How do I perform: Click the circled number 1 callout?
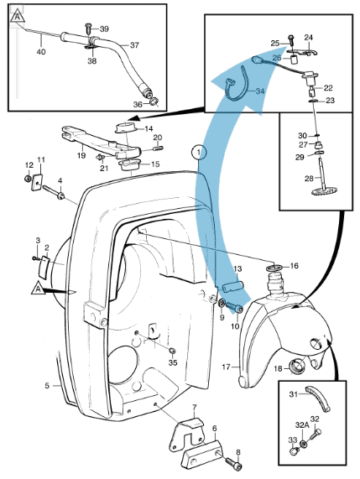[x=199, y=152]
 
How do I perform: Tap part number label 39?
[x=104, y=29]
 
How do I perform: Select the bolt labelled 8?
[x=234, y=463]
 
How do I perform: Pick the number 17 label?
[x=226, y=367]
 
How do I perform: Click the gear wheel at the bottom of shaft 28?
[x=325, y=192]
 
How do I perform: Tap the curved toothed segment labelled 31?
[x=318, y=398]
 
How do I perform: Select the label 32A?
[x=302, y=425]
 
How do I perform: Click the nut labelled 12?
[x=28, y=178]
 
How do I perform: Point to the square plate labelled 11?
[x=37, y=182]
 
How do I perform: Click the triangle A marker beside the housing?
[x=39, y=289]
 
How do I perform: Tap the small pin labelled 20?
[x=158, y=148]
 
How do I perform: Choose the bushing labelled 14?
[x=125, y=128]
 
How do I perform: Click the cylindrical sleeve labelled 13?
[x=233, y=288]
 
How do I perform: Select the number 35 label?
[x=173, y=363]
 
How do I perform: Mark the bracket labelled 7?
[x=187, y=435]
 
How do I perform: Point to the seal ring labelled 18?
[x=297, y=367]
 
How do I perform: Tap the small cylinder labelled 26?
[x=294, y=60]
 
